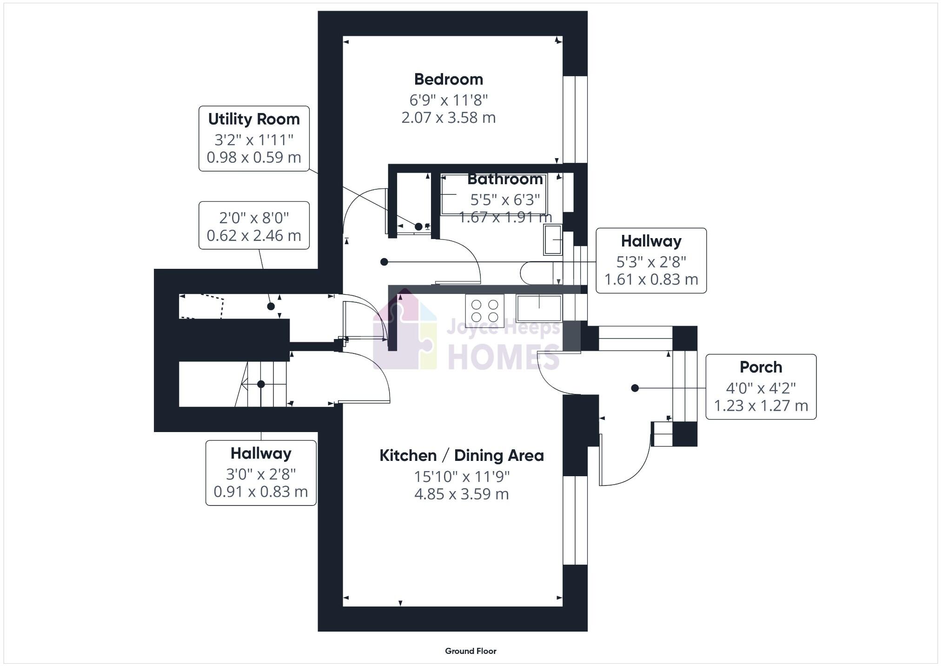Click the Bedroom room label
point(448,79)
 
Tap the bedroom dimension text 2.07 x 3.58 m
point(448,118)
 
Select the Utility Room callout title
point(254,119)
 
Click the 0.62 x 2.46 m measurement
point(254,235)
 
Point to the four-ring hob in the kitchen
point(484,311)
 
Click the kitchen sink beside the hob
point(539,308)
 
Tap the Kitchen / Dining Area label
point(461,455)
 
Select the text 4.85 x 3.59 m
point(461,494)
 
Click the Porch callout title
point(761,367)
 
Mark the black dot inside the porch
point(635,388)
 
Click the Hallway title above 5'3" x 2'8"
point(651,241)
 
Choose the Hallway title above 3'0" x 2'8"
point(261,453)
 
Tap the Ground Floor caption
point(470,651)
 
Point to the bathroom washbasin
point(553,240)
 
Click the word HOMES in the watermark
point(503,357)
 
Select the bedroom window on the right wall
point(575,120)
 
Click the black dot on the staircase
point(261,384)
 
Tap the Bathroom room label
point(505,179)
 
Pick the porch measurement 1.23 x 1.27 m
point(761,406)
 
